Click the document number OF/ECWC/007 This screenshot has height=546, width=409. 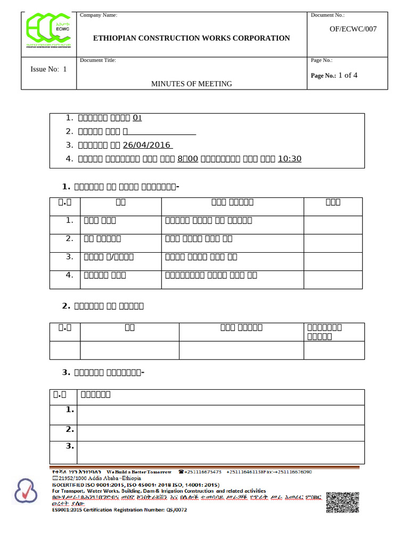point(353,29)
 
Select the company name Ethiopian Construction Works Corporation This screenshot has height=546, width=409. point(192,38)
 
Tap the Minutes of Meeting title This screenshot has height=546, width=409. point(192,84)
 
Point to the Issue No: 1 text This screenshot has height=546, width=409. point(49,69)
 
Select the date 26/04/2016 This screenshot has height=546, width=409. point(146,145)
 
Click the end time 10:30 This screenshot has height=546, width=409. point(290,159)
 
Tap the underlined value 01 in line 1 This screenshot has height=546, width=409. point(137,118)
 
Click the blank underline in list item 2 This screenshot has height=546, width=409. point(162,132)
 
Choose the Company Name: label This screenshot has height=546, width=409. point(99,15)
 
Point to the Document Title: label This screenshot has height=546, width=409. point(98,60)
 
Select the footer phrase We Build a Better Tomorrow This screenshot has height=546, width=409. point(139,472)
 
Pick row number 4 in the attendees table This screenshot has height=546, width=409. point(69,275)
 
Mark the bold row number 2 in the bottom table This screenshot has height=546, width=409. point(69,429)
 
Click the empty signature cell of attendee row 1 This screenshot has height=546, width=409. point(333,224)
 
